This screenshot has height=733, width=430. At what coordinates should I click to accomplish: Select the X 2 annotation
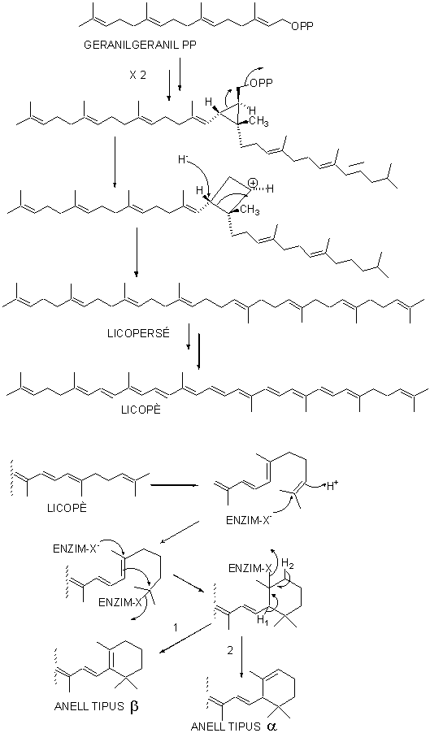click(138, 75)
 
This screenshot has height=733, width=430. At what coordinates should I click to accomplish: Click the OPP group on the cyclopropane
click(263, 85)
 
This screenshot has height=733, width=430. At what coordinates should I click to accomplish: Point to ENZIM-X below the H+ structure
click(245, 520)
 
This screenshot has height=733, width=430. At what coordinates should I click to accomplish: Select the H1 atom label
click(262, 620)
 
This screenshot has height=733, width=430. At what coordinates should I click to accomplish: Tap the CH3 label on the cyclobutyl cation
click(250, 210)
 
